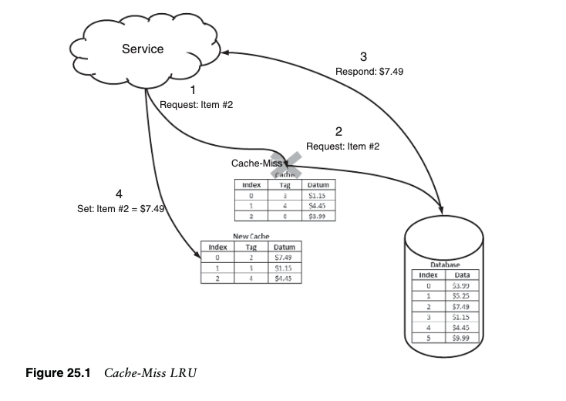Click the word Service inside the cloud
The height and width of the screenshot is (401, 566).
143,49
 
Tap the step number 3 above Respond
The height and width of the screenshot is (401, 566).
364,56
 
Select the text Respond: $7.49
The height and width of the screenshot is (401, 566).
369,71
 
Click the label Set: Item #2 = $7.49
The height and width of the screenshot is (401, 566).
116,208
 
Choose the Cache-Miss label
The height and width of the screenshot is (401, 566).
257,163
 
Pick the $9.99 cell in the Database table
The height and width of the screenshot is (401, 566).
461,337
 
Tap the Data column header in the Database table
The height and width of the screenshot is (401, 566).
463,275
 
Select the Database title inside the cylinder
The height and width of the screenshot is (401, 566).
445,265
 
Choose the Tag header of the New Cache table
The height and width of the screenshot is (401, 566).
250,247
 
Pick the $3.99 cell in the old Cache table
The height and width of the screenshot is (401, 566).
318,217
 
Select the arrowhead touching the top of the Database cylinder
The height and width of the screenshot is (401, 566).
443,209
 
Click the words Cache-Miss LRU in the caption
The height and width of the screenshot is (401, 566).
150,374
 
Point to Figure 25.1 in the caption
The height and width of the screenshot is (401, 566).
59,374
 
